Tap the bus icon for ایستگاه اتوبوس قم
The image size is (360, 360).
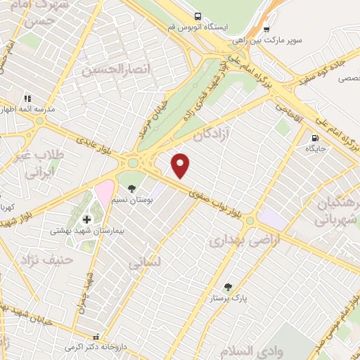pos(198,16)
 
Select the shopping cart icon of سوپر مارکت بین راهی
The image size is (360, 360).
pos(266,30)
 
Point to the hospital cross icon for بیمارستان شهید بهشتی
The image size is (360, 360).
pos(86,219)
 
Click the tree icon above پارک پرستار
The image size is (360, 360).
pos(228,286)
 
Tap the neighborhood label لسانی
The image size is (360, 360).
pos(146,262)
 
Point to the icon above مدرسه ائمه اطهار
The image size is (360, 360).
pos(27,98)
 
